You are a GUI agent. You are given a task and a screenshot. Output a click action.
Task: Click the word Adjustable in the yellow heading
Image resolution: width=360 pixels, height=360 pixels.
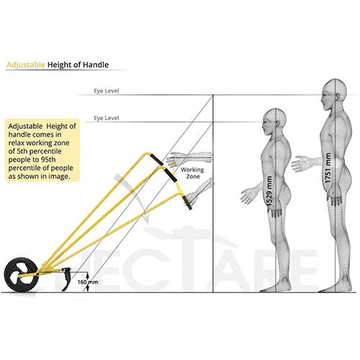26,65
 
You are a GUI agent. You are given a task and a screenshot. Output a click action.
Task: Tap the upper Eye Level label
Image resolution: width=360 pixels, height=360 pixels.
107,91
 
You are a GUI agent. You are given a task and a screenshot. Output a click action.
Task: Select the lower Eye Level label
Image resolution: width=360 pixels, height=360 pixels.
107,118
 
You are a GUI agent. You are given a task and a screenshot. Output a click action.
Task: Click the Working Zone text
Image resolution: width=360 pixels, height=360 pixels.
192,173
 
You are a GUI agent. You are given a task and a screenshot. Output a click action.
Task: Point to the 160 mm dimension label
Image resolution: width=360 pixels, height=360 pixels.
88,282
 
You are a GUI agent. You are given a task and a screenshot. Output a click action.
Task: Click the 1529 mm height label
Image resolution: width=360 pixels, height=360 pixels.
269,192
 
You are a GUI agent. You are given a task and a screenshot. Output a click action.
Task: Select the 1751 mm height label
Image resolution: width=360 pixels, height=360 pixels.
328,168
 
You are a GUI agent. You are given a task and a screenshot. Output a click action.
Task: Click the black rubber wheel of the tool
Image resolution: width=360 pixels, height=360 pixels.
21,275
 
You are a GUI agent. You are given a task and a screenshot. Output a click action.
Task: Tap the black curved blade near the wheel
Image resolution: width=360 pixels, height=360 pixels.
66,279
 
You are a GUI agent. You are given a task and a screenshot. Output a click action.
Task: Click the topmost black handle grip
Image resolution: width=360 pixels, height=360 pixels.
157,160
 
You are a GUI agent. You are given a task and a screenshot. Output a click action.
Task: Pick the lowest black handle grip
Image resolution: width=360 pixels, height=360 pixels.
187,203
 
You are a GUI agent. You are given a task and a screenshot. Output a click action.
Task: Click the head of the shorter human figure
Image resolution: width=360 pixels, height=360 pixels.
274,122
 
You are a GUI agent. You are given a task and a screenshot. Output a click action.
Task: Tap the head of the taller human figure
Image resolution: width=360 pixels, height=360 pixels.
334,94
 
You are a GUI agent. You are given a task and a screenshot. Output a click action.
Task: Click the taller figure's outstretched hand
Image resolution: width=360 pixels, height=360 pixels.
300,163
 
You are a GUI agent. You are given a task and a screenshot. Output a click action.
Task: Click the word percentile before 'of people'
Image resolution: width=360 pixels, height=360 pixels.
23,168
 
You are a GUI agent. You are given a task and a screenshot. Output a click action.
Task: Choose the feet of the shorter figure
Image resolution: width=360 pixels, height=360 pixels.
276,287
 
